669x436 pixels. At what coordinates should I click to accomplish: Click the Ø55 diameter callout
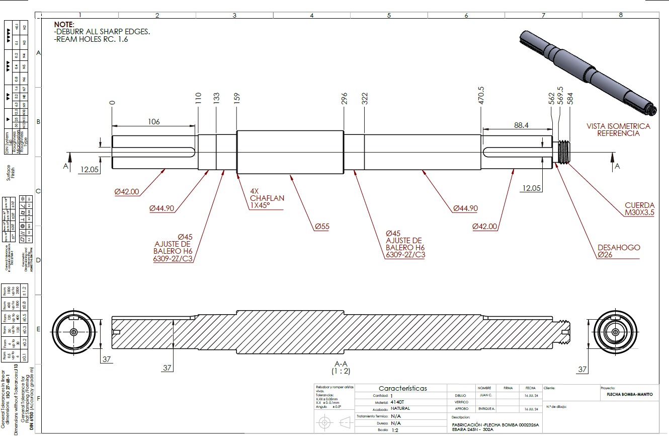[x=322, y=227]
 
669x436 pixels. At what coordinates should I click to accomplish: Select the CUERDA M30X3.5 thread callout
[x=640, y=209]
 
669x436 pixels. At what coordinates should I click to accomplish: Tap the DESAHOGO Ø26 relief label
[x=619, y=251]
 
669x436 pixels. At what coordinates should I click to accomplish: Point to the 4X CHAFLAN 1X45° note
[x=267, y=198]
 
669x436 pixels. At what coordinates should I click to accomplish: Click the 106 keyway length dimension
[x=154, y=122]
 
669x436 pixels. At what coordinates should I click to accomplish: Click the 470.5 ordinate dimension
[x=481, y=96]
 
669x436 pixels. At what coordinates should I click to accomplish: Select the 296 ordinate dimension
[x=344, y=99]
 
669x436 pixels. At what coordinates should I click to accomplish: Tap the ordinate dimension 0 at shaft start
[x=112, y=102]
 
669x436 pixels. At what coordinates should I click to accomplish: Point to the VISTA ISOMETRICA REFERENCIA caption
[x=618, y=129]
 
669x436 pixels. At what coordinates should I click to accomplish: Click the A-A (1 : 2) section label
[x=341, y=367]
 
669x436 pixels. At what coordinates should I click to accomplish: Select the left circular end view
[x=74, y=332]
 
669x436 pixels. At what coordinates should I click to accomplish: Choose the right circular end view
[x=616, y=332]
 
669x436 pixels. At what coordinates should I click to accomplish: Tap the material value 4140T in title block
[x=397, y=402]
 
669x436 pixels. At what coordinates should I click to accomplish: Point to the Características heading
[x=402, y=388]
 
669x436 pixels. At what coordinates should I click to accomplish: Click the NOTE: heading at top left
[x=64, y=24]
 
